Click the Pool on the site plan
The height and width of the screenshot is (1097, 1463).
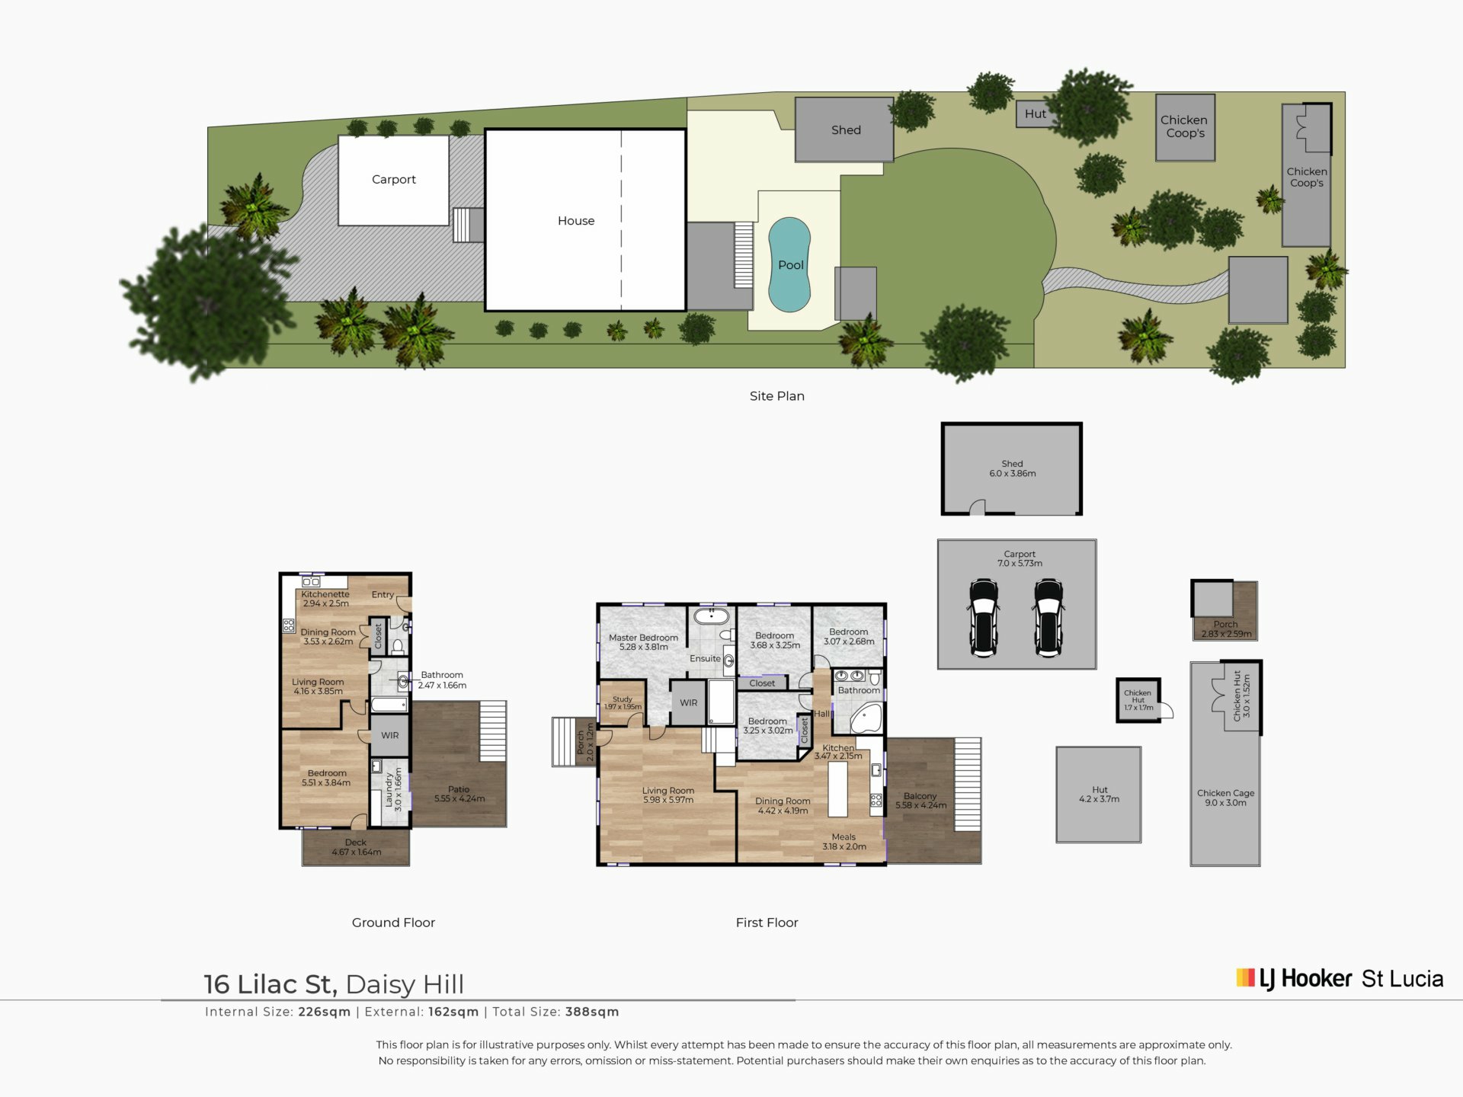point(789,265)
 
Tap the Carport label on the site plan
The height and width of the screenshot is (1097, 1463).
point(394,180)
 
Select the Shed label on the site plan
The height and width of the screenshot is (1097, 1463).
point(846,130)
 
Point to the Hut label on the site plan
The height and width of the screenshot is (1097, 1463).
point(1036,114)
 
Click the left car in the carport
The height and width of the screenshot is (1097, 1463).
point(984,617)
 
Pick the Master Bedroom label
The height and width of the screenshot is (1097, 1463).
point(643,638)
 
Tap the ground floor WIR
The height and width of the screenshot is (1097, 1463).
point(389,735)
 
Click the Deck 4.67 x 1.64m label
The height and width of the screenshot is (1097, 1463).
point(356,847)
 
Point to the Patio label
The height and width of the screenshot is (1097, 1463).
point(459,789)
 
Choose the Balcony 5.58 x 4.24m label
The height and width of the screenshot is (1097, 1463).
point(920,801)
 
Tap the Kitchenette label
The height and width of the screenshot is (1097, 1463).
point(325,594)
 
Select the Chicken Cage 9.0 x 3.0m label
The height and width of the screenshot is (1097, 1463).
point(1225,798)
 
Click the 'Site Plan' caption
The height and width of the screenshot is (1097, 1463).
point(777,396)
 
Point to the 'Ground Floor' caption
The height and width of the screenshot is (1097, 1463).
point(393,923)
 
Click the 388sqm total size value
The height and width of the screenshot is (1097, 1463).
point(592,1012)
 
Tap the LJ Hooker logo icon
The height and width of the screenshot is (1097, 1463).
point(1245,977)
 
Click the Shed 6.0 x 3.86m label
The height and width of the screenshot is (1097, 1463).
point(1012,469)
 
